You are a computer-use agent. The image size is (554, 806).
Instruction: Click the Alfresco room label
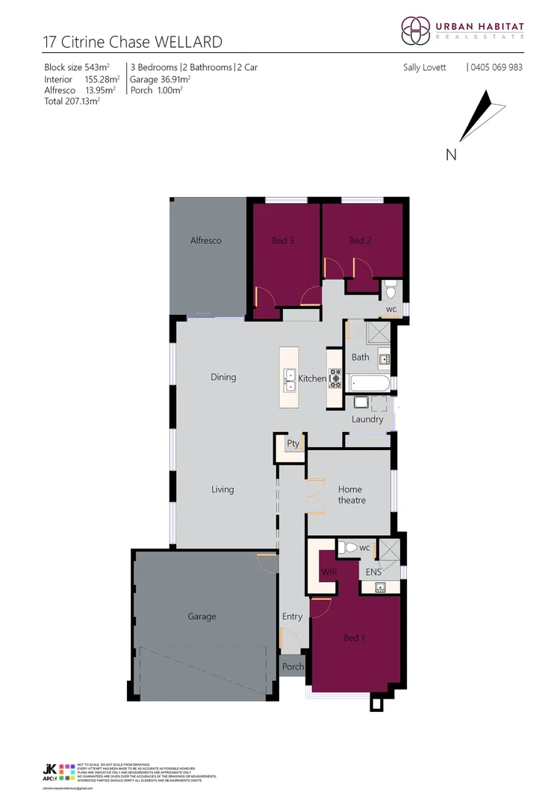pyautogui.click(x=205, y=241)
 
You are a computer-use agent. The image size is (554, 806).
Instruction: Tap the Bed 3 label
pyautogui.click(x=282, y=240)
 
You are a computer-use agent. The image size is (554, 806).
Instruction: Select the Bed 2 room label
pyautogui.click(x=360, y=240)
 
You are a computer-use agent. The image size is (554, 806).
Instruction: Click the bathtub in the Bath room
pyautogui.click(x=369, y=383)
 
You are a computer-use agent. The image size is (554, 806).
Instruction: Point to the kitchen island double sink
pyautogui.click(x=290, y=380)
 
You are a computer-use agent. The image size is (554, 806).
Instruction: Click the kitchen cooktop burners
pyautogui.click(x=334, y=380)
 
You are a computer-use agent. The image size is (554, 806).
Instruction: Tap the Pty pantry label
pyautogui.click(x=293, y=443)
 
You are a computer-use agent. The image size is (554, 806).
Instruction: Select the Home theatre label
pyautogui.click(x=350, y=495)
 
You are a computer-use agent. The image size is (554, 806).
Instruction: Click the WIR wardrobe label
pyautogui.click(x=329, y=572)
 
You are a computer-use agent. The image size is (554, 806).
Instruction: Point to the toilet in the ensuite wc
pyautogui.click(x=347, y=549)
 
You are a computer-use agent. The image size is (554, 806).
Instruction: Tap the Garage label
pyautogui.click(x=202, y=616)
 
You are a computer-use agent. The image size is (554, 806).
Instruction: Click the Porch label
pyautogui.click(x=293, y=667)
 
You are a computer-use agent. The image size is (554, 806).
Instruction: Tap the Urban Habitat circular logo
pyautogui.click(x=415, y=31)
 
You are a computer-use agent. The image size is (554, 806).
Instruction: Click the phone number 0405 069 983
pyautogui.click(x=497, y=67)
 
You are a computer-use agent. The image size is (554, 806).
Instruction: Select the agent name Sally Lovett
pyautogui.click(x=424, y=67)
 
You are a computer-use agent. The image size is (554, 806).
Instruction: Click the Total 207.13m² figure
pyautogui.click(x=72, y=101)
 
